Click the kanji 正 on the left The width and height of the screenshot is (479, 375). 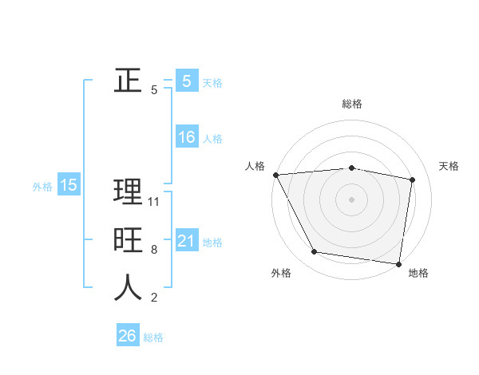(128, 81)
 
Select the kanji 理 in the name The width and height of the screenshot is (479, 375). (128, 191)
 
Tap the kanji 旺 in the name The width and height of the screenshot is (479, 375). (128, 240)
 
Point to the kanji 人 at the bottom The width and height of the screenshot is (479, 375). (128, 288)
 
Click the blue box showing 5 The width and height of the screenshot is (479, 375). (186, 81)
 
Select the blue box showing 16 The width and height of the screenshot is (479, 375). (186, 137)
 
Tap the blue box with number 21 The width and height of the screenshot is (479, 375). (186, 241)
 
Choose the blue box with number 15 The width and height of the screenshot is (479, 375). (68, 185)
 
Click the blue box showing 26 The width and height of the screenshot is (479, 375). (127, 336)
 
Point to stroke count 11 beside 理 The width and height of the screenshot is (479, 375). (155, 202)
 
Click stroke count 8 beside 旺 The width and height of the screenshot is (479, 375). (154, 250)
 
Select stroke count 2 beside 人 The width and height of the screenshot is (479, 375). (154, 298)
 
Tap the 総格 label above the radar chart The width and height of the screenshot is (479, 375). (352, 104)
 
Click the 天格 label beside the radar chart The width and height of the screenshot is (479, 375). (449, 166)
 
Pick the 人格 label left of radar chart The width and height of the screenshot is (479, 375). (255, 166)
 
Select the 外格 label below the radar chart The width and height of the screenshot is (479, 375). (281, 273)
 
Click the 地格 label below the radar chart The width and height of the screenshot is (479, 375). (418, 273)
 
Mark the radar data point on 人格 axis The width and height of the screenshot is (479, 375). (275, 175)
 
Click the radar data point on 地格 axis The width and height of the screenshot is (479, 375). (398, 263)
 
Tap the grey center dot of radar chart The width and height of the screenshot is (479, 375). (352, 199)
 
